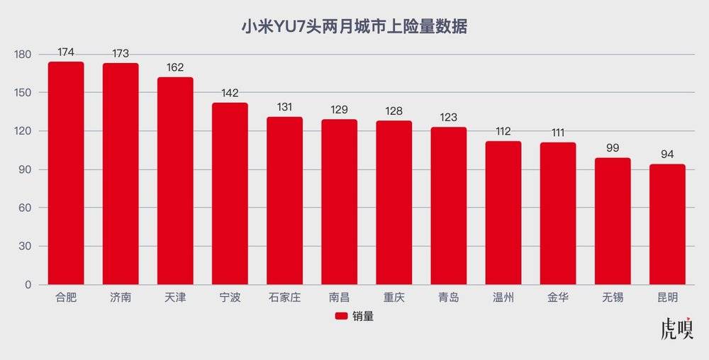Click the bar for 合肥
(x=66, y=174)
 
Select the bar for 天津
(x=175, y=181)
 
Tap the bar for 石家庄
(x=284, y=201)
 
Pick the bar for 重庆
(x=393, y=203)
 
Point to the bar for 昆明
(x=667, y=225)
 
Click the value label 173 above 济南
(x=121, y=53)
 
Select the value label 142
(x=230, y=93)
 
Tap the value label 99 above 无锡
(x=612, y=148)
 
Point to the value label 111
(x=557, y=133)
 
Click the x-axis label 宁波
(x=230, y=298)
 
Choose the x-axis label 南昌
(x=339, y=298)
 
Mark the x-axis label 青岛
(x=448, y=298)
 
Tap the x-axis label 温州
(x=503, y=298)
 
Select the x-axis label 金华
(x=557, y=298)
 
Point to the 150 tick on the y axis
(x=23, y=93)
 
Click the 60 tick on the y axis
(x=26, y=208)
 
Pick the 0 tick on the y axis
(x=28, y=285)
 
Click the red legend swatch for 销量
(x=341, y=317)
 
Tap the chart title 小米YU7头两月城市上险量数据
(x=354, y=27)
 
